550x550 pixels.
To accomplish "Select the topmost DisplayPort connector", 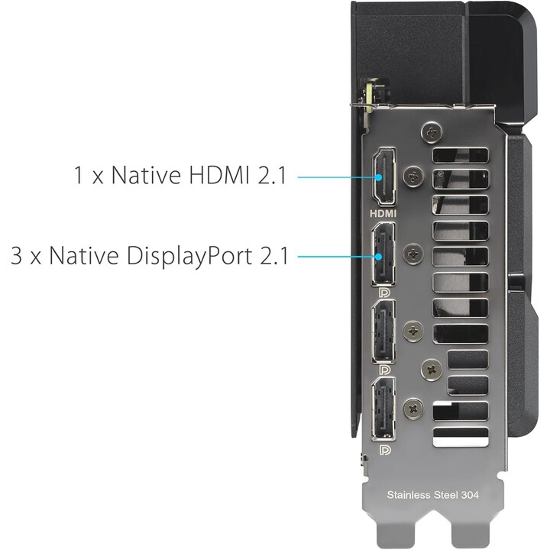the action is [383, 254].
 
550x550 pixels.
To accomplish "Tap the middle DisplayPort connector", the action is [383, 331].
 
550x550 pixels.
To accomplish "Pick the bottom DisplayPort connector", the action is [383, 408].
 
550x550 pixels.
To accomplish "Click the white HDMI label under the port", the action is [383, 213].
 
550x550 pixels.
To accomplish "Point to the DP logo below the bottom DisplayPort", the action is [385, 449].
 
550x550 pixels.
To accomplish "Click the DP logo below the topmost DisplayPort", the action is [385, 293].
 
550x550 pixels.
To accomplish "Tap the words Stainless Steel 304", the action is [432, 495].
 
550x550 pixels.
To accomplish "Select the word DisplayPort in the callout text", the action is [189, 257].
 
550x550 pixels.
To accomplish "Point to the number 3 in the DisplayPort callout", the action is [17, 256].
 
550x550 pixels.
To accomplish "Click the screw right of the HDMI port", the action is [414, 175].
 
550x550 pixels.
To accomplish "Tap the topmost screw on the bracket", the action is [432, 132].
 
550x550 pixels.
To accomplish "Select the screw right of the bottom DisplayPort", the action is [413, 408].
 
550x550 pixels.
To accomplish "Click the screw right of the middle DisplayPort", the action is [413, 331].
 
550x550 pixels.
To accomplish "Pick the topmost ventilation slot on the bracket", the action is [460, 155].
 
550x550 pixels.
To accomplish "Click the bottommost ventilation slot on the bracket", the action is [460, 437].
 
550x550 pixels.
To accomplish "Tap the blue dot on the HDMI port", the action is [378, 177].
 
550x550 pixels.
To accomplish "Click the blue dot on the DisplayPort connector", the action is [378, 257].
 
